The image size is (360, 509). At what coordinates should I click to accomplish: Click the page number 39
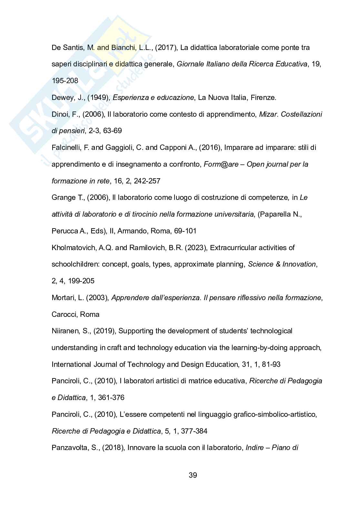click(193, 475)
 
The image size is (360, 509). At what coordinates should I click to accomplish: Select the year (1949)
click(98, 98)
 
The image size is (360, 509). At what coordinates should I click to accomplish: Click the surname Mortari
click(63, 298)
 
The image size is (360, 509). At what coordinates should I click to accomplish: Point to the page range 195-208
click(65, 81)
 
